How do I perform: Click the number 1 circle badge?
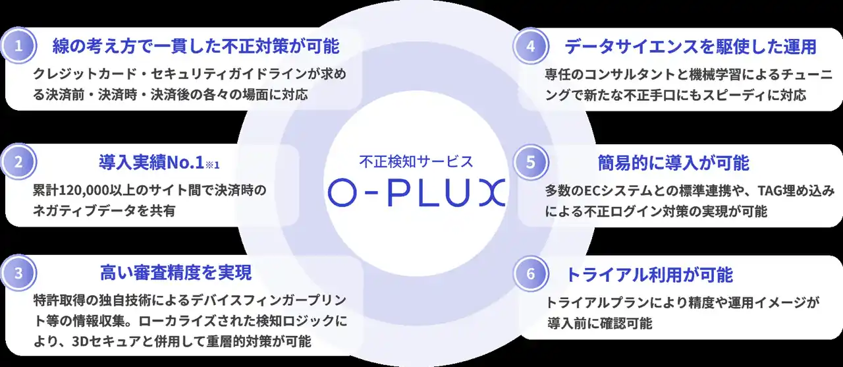pyautogui.click(x=18, y=46)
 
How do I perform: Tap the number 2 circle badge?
pyautogui.click(x=18, y=162)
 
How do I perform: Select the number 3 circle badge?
pyautogui.click(x=18, y=273)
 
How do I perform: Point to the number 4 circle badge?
pyautogui.click(x=531, y=46)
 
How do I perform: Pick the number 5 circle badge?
pyautogui.click(x=531, y=162)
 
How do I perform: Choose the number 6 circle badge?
pyautogui.click(x=531, y=273)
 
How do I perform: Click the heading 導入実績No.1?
pyautogui.click(x=151, y=163)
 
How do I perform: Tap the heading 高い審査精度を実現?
pyautogui.click(x=176, y=273)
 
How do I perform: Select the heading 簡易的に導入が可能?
pyautogui.click(x=674, y=163)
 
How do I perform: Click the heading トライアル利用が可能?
pyautogui.click(x=649, y=274)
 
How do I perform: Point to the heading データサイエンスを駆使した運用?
pyautogui.click(x=691, y=47)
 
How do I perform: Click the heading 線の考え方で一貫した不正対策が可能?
pyautogui.click(x=196, y=46)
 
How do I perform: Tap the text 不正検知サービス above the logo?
pyautogui.click(x=416, y=161)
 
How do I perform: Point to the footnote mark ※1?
pyautogui.click(x=212, y=165)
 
